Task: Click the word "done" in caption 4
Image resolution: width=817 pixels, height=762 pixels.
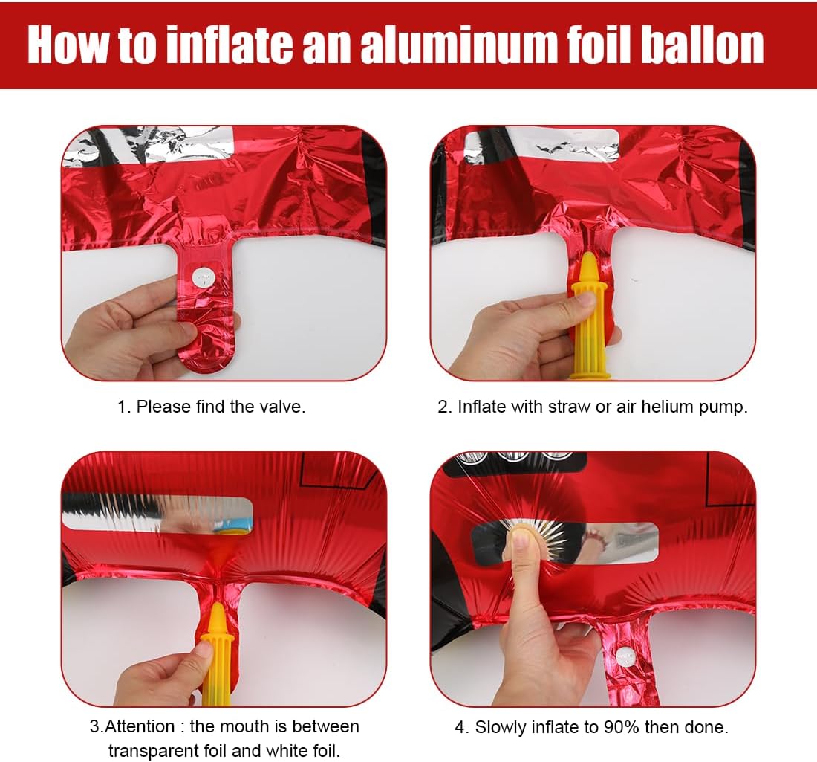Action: [706, 726]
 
